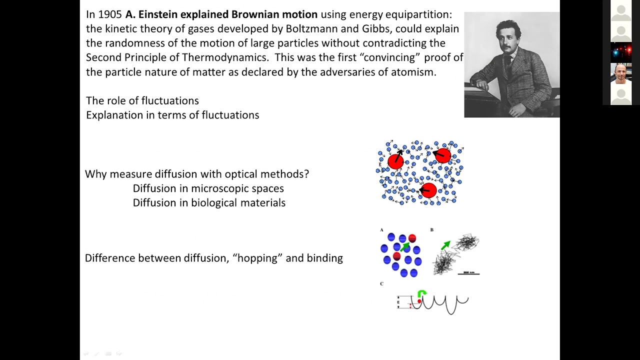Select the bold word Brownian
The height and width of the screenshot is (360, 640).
click(254, 14)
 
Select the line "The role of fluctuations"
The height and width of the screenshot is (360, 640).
click(142, 100)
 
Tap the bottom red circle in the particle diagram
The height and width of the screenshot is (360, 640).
click(429, 190)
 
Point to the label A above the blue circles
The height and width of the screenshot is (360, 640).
click(381, 230)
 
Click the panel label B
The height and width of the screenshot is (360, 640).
click(432, 230)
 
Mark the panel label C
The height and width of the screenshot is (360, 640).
click(381, 283)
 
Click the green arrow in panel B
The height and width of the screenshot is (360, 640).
click(445, 245)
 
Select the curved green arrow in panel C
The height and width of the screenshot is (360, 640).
click(422, 294)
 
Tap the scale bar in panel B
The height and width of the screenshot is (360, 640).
click(469, 273)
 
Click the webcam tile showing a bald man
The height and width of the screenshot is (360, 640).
click(621, 73)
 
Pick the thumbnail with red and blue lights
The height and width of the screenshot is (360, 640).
click(621, 52)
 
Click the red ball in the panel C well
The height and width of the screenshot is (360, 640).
click(419, 301)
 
